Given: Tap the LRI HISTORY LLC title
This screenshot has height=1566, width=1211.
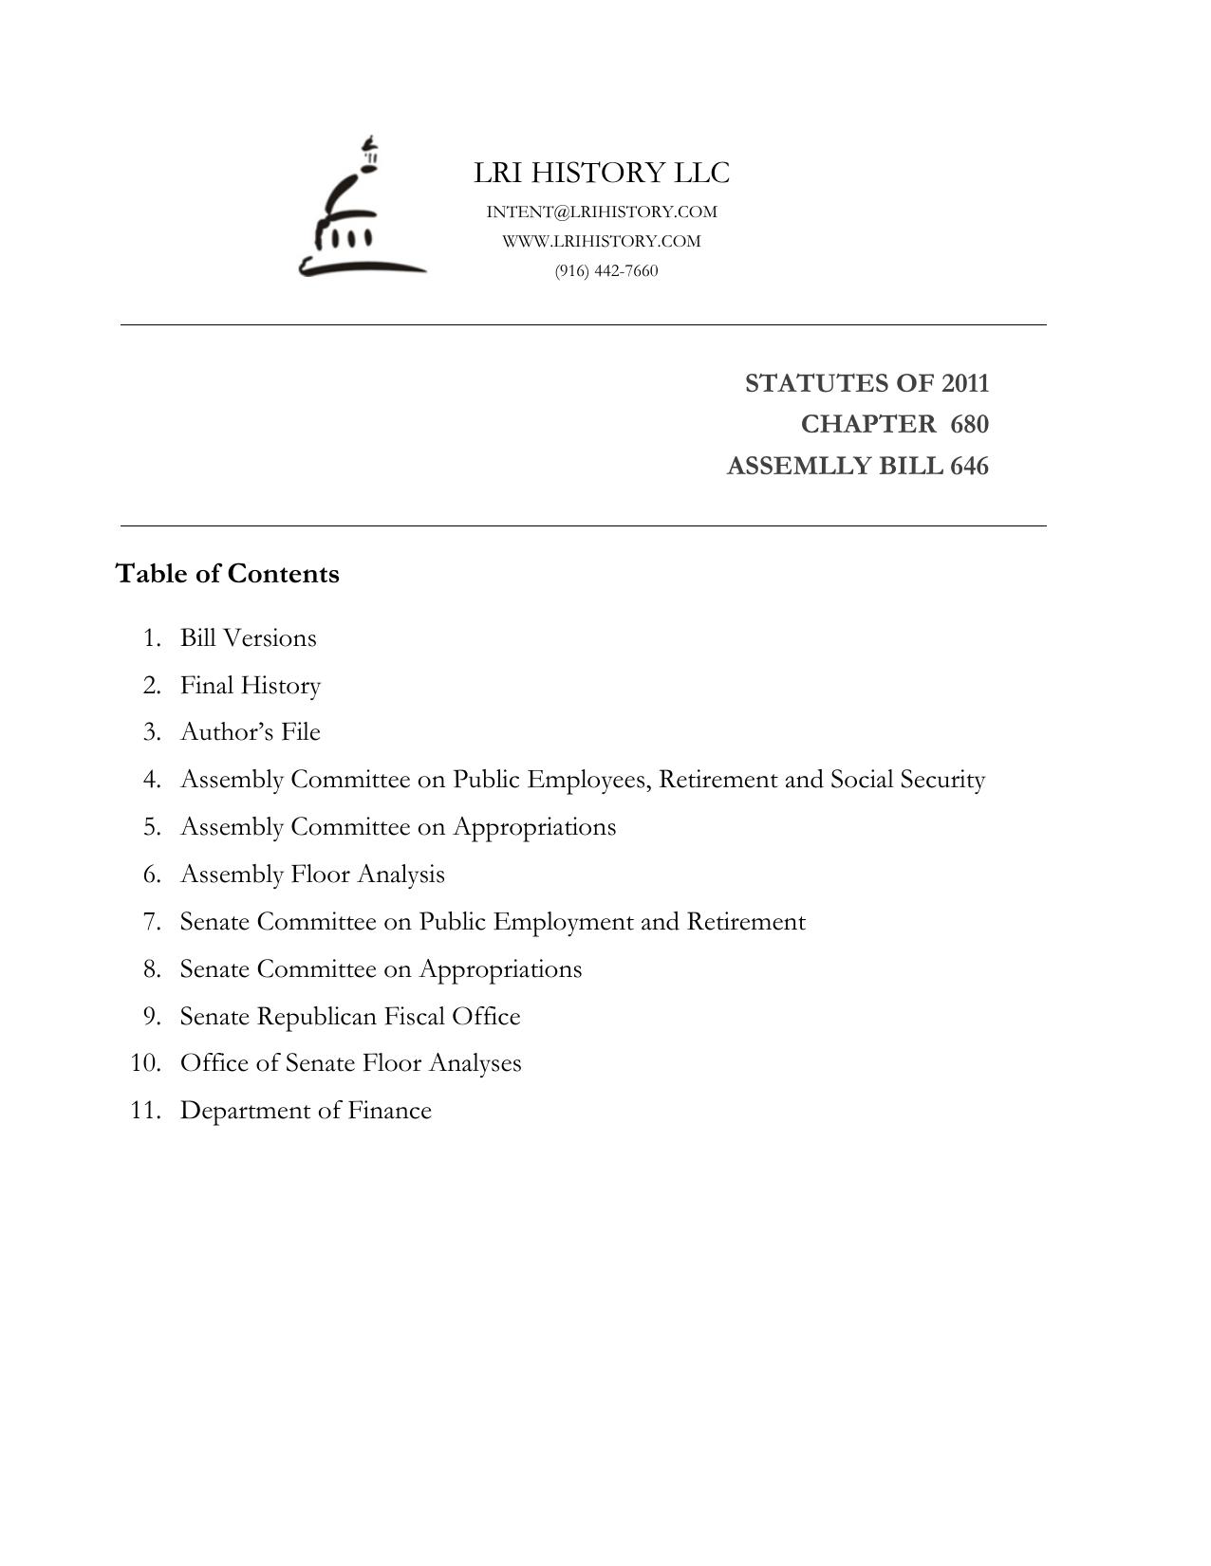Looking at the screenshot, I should pos(602,173).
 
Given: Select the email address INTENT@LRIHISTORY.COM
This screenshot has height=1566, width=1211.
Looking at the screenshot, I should pos(602,212).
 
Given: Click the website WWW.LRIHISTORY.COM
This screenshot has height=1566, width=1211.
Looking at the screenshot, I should pos(602,241).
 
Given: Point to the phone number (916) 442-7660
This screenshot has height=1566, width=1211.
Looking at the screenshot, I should pos(606,270).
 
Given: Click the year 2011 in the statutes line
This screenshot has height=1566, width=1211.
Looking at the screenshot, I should pos(965,383).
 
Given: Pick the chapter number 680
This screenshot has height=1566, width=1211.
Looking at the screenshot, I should pos(969,424).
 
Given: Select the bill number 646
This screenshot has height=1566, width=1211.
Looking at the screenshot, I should pos(969,467).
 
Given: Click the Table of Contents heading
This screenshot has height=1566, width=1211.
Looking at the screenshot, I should pos(227,574).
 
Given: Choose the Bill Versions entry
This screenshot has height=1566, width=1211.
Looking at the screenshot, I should pos(248,637).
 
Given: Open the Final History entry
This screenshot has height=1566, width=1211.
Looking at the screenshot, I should pos(251,685).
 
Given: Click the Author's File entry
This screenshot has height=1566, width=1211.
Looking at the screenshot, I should pos(251,732).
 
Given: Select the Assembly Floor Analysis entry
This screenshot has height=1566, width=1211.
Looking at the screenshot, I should pos(312,874).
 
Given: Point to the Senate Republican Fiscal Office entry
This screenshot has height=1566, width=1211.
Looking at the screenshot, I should pos(350,1016).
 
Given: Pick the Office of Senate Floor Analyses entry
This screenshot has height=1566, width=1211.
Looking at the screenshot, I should pos(350,1062).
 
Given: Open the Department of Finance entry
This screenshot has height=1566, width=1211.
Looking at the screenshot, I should pos(306,1110).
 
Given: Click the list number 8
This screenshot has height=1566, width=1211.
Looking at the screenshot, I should pos(153,968).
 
